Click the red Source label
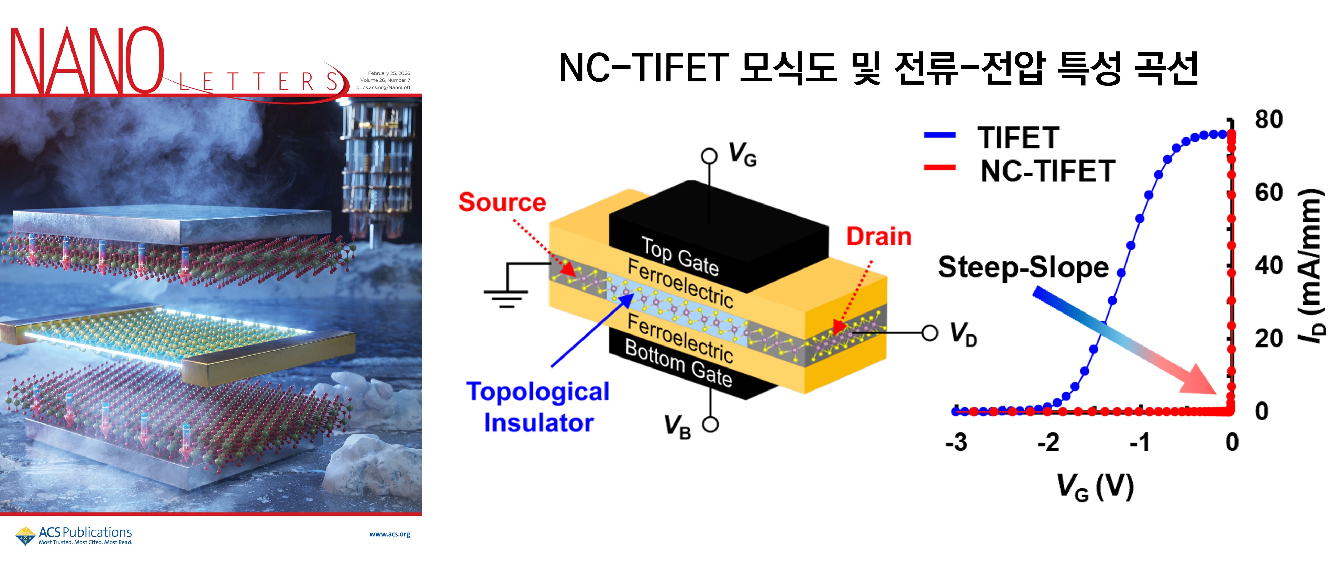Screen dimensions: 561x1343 coord(502,202)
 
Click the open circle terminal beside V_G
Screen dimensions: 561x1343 coord(709,155)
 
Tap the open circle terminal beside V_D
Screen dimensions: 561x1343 coord(930,333)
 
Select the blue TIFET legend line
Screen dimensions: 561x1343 coord(940,135)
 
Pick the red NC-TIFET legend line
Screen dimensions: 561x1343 coord(940,168)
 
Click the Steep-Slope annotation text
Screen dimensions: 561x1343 coord(1023,267)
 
